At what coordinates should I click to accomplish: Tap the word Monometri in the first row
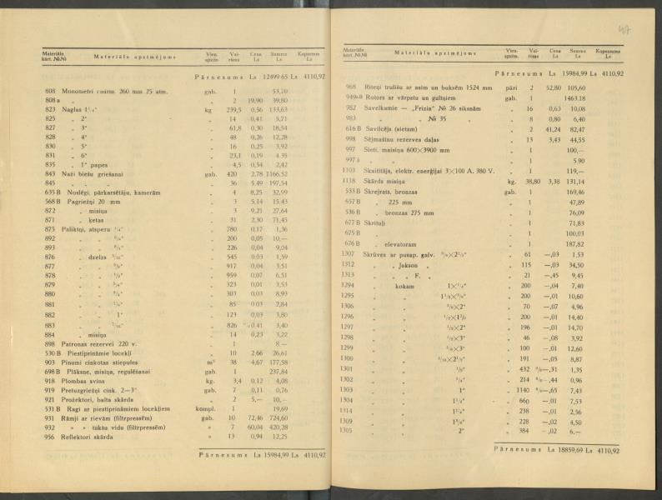point(78,91)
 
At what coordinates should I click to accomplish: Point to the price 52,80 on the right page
point(551,87)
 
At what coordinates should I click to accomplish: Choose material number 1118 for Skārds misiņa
point(350,180)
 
